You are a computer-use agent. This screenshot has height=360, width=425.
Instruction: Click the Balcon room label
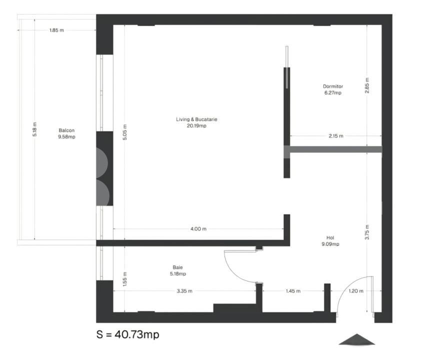66,130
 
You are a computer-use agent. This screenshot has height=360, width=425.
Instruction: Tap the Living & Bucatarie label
196,119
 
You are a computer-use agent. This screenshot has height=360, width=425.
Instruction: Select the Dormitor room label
333,86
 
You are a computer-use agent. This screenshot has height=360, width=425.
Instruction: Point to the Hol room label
330,237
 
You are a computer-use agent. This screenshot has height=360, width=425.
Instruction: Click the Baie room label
177,267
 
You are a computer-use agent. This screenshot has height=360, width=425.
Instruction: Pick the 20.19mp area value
196,126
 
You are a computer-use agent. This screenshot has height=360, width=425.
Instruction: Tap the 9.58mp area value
66,137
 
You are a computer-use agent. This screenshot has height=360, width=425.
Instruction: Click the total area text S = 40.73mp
127,334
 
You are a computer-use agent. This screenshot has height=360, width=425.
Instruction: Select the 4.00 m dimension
198,229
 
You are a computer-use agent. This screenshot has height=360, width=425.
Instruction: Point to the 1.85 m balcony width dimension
56,30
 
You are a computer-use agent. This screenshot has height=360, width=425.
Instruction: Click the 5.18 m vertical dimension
34,129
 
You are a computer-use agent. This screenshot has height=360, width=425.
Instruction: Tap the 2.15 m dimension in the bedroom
336,136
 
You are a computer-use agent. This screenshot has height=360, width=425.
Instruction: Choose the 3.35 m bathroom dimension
184,291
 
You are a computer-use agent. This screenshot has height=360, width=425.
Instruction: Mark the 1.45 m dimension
293,291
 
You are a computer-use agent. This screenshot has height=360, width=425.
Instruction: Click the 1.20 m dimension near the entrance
356,291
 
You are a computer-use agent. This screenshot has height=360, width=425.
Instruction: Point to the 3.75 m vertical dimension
367,232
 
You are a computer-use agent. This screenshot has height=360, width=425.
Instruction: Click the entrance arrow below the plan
357,339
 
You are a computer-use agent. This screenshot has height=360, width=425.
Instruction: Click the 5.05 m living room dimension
124,132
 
